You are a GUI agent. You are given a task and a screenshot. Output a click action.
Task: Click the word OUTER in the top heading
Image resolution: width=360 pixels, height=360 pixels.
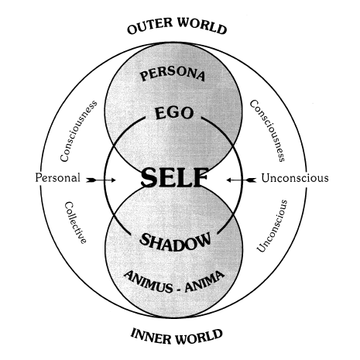click(x=149, y=26)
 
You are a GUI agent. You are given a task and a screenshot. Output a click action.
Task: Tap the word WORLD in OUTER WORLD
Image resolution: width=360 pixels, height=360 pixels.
click(x=202, y=26)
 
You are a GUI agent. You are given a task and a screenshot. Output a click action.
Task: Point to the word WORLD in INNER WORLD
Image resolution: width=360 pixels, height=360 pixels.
click(x=197, y=337)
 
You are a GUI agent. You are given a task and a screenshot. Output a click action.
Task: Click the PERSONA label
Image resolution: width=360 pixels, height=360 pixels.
click(x=173, y=74)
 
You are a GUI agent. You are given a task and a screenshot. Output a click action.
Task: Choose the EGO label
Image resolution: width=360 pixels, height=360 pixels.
click(x=174, y=113)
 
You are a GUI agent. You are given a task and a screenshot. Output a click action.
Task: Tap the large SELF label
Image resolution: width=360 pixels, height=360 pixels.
click(x=175, y=177)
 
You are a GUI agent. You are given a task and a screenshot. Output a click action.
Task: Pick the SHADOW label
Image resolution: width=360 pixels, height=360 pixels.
click(x=175, y=242)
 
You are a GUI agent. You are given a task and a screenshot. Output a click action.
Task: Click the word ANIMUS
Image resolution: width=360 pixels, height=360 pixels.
click(x=149, y=281)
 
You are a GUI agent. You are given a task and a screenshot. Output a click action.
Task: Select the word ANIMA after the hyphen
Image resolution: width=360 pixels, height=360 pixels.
click(x=204, y=281)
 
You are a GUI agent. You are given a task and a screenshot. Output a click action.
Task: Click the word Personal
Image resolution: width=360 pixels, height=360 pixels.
click(x=57, y=178)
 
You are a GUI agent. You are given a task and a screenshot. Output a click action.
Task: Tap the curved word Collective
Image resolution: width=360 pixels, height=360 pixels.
click(x=75, y=223)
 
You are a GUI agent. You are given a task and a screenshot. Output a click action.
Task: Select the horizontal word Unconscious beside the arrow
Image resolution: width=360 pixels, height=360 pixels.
click(x=295, y=178)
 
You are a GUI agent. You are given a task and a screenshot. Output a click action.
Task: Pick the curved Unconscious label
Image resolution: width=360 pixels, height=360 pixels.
click(x=273, y=226)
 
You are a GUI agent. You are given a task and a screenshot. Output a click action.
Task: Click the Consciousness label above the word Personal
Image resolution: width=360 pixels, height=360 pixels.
click(x=78, y=131)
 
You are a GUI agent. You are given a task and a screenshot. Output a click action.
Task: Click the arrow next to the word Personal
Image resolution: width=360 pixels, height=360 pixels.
click(x=101, y=180)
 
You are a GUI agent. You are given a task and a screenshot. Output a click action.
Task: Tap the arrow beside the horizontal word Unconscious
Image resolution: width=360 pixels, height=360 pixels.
click(x=242, y=180)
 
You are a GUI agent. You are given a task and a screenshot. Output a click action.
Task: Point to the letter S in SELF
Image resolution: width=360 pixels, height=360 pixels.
click(x=149, y=177)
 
